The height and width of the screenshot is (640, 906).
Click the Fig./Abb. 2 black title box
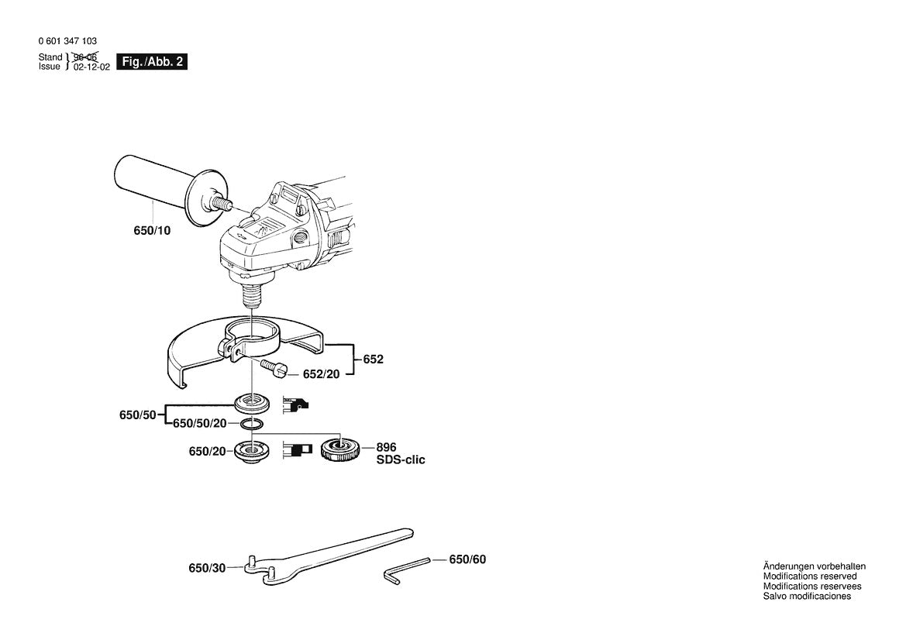(152, 62)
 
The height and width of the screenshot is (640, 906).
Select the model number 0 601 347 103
(67, 41)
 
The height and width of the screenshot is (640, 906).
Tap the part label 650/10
(152, 230)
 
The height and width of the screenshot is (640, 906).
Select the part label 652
(374, 360)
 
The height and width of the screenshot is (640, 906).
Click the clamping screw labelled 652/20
(274, 368)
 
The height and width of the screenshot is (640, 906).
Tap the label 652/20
(322, 374)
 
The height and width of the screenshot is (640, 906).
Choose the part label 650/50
(137, 415)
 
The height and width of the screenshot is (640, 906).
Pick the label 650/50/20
(200, 423)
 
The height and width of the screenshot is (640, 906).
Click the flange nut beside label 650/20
(252, 451)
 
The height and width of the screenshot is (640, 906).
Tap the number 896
(387, 448)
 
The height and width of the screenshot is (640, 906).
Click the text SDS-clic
(401, 459)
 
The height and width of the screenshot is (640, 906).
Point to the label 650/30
(207, 569)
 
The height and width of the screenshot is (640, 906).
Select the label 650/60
(467, 559)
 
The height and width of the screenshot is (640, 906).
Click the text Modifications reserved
(810, 576)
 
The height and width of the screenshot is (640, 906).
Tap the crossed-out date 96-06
(85, 57)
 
